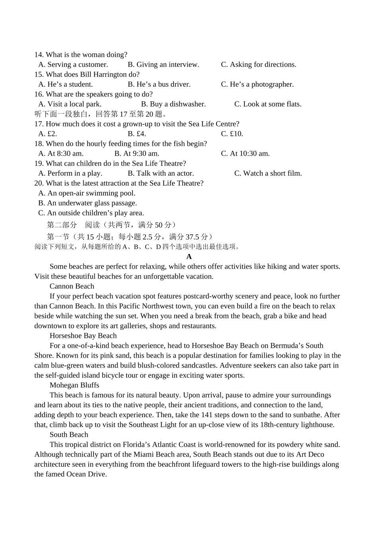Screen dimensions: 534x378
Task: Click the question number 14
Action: (x=39, y=55)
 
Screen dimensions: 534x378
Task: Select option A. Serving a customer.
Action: (x=73, y=65)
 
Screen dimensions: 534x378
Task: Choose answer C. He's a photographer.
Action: (x=257, y=84)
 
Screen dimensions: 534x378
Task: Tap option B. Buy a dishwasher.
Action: (x=173, y=104)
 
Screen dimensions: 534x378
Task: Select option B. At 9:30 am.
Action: (x=136, y=154)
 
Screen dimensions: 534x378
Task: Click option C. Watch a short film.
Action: (x=268, y=173)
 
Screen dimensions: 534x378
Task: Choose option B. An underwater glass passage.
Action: (x=88, y=203)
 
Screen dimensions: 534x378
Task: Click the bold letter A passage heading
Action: (x=189, y=257)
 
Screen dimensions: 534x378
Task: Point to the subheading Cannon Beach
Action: (x=72, y=286)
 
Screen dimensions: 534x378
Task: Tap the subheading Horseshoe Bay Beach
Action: (x=83, y=336)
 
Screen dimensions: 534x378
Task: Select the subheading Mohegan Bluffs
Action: (x=74, y=385)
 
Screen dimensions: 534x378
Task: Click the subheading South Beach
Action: (x=69, y=435)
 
